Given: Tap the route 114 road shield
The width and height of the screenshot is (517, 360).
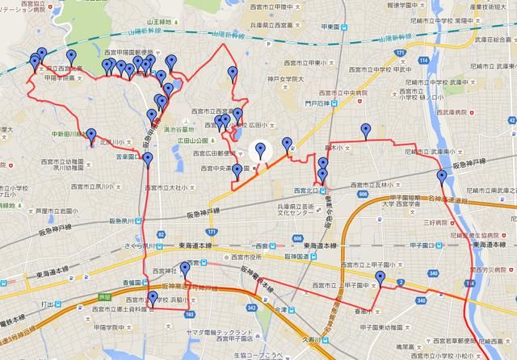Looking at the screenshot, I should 422,61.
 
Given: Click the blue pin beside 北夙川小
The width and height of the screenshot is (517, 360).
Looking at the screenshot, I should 91,136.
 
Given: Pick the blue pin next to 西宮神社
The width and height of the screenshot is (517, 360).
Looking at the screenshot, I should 184,270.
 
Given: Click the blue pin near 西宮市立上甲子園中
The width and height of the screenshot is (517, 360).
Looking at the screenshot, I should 380,278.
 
